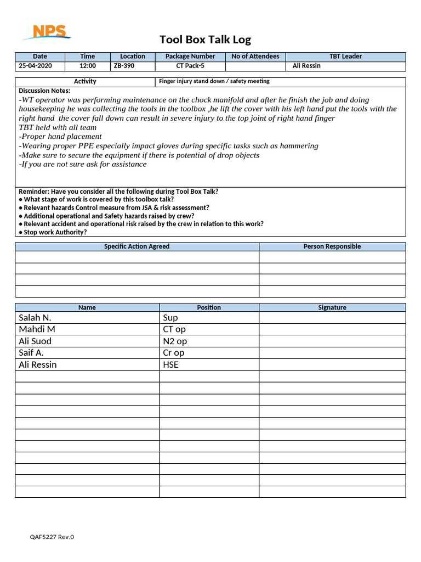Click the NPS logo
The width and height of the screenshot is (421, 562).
pyautogui.click(x=46, y=32)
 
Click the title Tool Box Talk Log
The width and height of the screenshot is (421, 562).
pyautogui.click(x=205, y=40)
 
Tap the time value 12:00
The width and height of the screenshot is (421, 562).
pyautogui.click(x=88, y=66)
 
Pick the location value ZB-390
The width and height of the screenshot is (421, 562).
pyautogui.click(x=123, y=66)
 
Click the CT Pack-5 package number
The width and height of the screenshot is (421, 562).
pyautogui.click(x=190, y=66)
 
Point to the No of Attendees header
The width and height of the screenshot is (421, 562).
pyautogui.click(x=255, y=57)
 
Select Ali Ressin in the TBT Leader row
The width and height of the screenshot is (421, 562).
pyautogui.click(x=306, y=66)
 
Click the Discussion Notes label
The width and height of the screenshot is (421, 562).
pyautogui.click(x=44, y=91)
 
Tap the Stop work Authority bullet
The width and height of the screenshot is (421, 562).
pyautogui.click(x=53, y=232)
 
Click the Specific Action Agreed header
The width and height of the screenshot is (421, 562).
pyautogui.click(x=136, y=247)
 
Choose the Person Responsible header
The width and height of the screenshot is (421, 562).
pyautogui.click(x=332, y=247)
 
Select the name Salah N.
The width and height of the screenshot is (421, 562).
pyautogui.click(x=35, y=318)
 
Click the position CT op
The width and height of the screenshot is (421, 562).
pyautogui.click(x=175, y=329)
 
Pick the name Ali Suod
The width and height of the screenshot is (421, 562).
pyautogui.click(x=35, y=341)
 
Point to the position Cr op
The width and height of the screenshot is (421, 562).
pyautogui.click(x=174, y=353)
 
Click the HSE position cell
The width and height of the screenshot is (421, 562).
pyautogui.click(x=170, y=365)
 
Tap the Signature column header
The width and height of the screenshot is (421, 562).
pyautogui.click(x=332, y=308)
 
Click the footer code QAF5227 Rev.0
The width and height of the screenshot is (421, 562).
pyautogui.click(x=52, y=537)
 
